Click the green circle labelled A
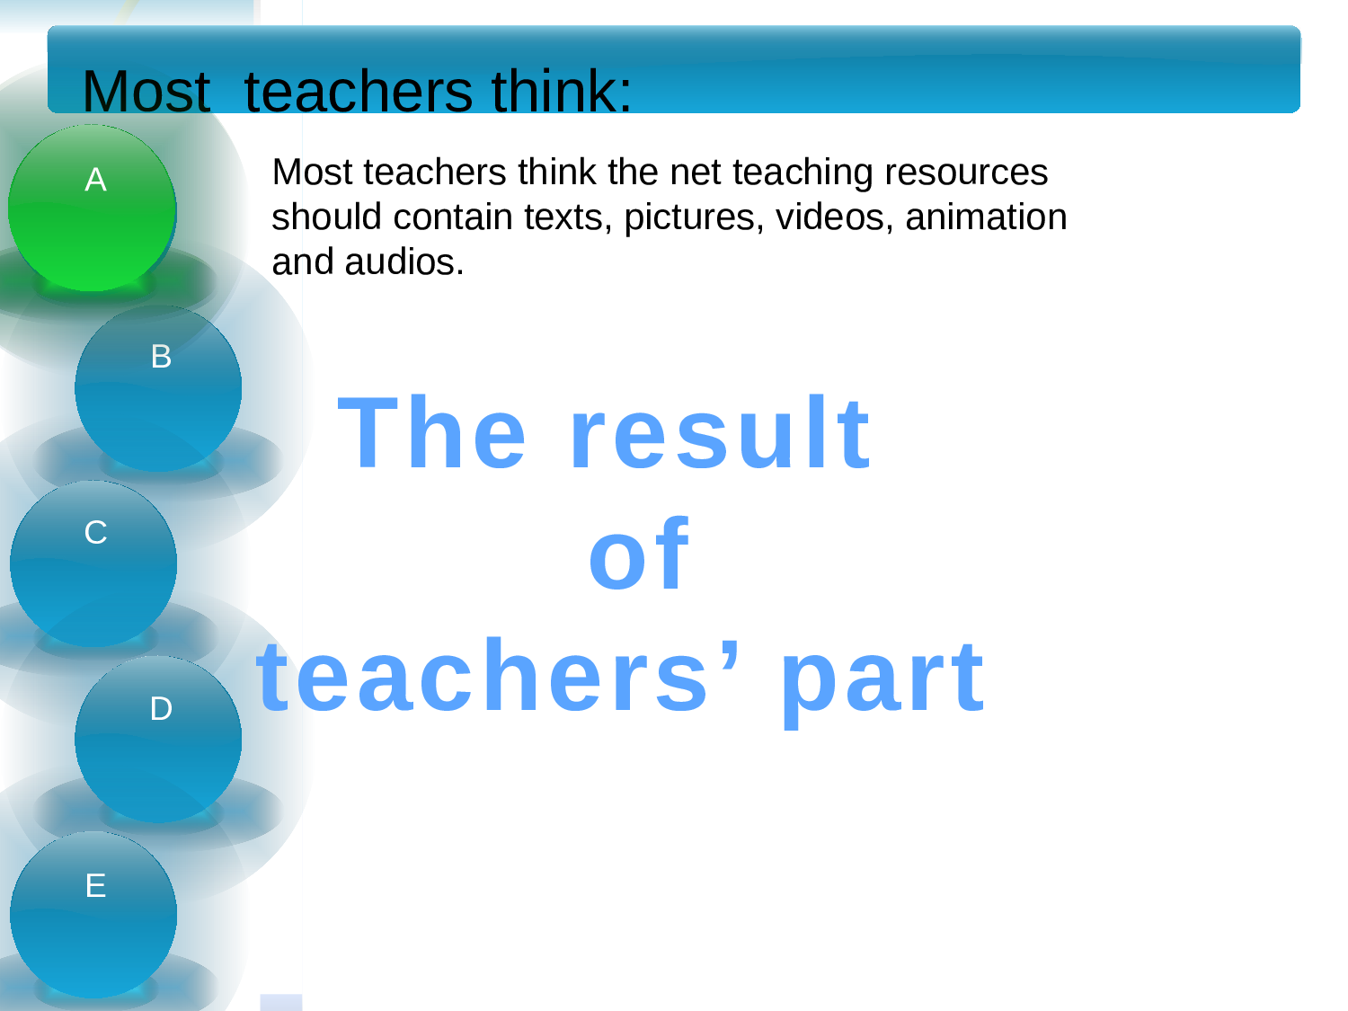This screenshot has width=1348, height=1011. point(93,208)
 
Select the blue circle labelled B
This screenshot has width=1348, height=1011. point(158,388)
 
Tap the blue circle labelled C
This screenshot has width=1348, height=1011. point(93,563)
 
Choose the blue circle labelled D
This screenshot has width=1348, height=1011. point(158,739)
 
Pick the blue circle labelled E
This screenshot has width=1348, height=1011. point(93,915)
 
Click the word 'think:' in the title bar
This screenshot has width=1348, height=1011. point(562,91)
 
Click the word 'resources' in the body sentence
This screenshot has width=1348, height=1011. point(966,173)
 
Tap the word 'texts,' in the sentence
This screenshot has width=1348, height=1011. point(568,218)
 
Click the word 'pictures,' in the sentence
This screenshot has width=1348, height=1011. point(694,218)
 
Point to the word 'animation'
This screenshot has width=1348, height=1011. point(986,217)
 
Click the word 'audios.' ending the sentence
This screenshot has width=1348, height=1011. point(404,262)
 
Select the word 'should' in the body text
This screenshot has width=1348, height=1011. point(327,217)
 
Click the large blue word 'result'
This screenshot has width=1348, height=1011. point(720,432)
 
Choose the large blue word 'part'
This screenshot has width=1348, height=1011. point(882,681)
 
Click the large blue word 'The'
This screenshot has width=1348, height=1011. point(431,432)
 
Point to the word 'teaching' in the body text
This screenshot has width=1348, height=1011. point(803,173)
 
